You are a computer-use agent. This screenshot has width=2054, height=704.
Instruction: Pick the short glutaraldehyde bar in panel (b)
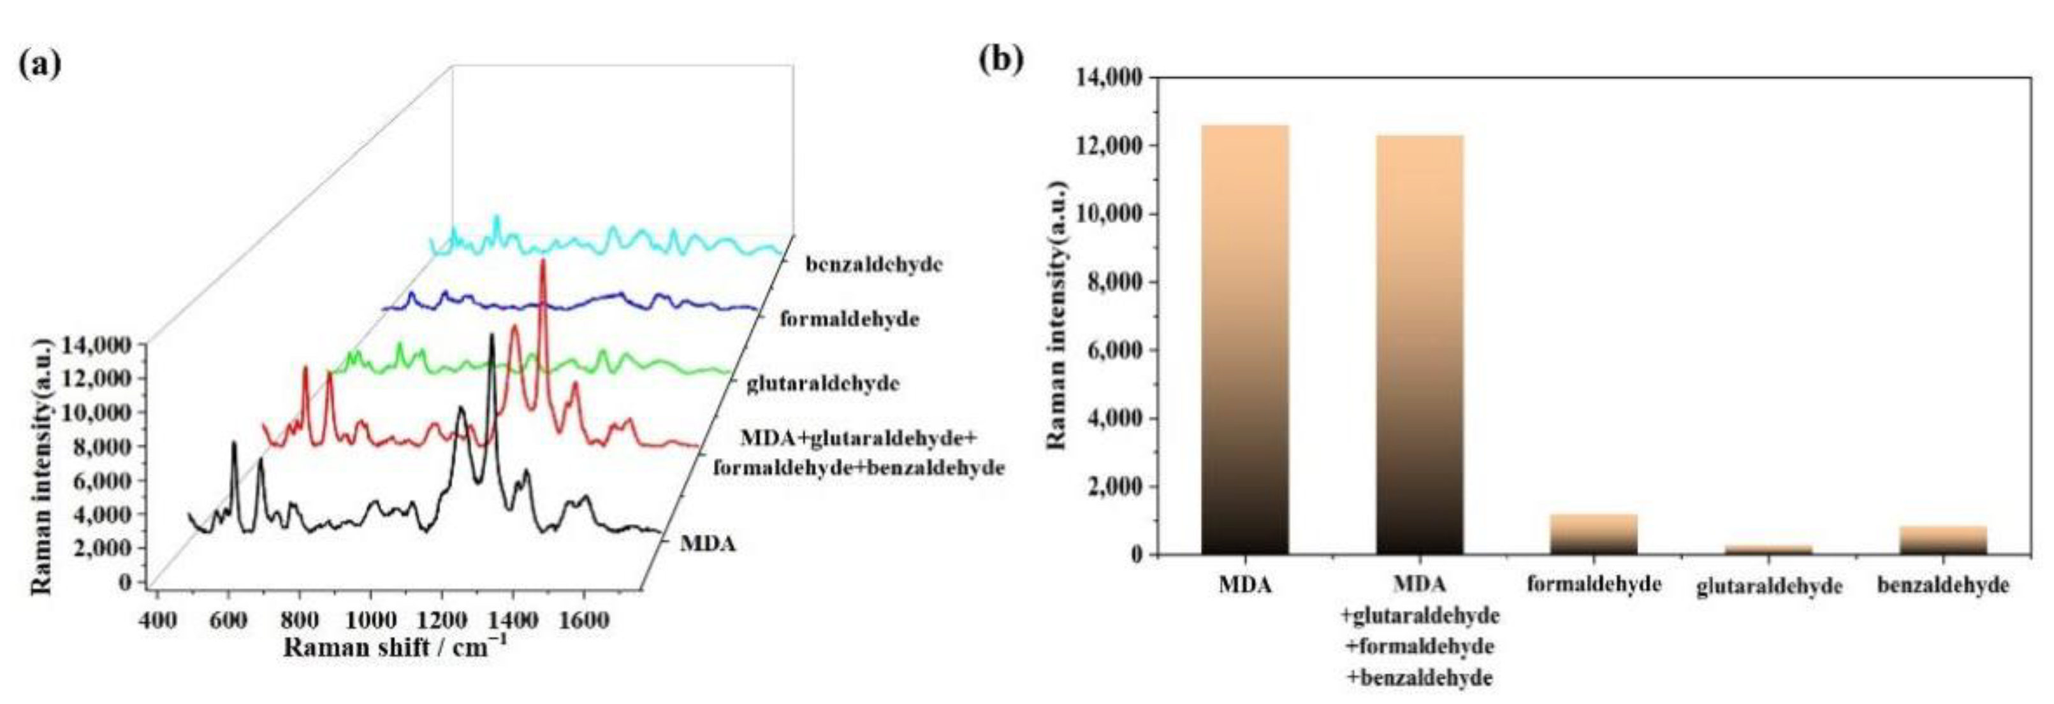(x=1768, y=549)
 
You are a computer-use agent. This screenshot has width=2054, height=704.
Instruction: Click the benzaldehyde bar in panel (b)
(x=1943, y=540)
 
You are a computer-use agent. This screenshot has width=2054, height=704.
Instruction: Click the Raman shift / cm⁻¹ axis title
(x=395, y=646)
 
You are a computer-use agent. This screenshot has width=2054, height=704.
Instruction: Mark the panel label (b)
(x=1001, y=59)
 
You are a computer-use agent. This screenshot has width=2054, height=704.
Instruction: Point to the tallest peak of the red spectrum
(x=543, y=261)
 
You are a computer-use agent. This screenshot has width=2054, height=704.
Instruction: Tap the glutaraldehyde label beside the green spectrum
(x=823, y=384)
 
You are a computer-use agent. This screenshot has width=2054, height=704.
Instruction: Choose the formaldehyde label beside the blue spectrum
(x=849, y=320)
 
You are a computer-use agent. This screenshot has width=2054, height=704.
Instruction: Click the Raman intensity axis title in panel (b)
(x=1056, y=315)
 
